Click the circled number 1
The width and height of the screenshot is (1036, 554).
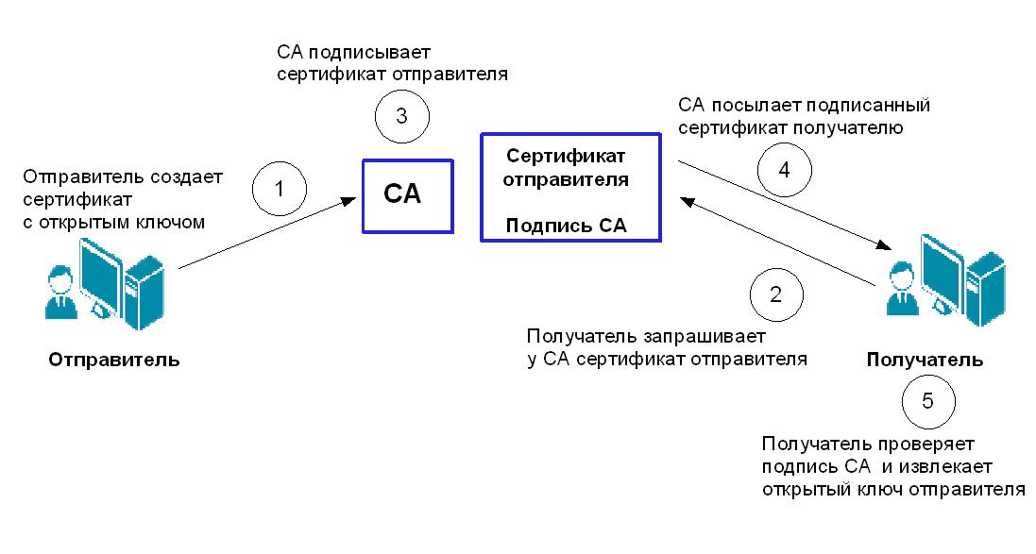[280, 188]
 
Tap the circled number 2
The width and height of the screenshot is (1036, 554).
[776, 294]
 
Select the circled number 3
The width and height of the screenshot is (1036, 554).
[401, 117]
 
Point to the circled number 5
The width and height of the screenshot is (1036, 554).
[927, 401]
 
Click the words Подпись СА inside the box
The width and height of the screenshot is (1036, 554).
[567, 226]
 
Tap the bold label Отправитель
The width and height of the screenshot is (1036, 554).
[113, 361]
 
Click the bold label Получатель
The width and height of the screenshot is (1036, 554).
[925, 360]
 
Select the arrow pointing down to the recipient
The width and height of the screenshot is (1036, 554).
[784, 206]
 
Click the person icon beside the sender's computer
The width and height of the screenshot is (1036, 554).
[59, 292]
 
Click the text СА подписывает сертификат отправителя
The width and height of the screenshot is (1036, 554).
[392, 62]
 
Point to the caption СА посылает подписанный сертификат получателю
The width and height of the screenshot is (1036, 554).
[805, 115]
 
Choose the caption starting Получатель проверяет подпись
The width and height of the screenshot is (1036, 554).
[892, 466]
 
